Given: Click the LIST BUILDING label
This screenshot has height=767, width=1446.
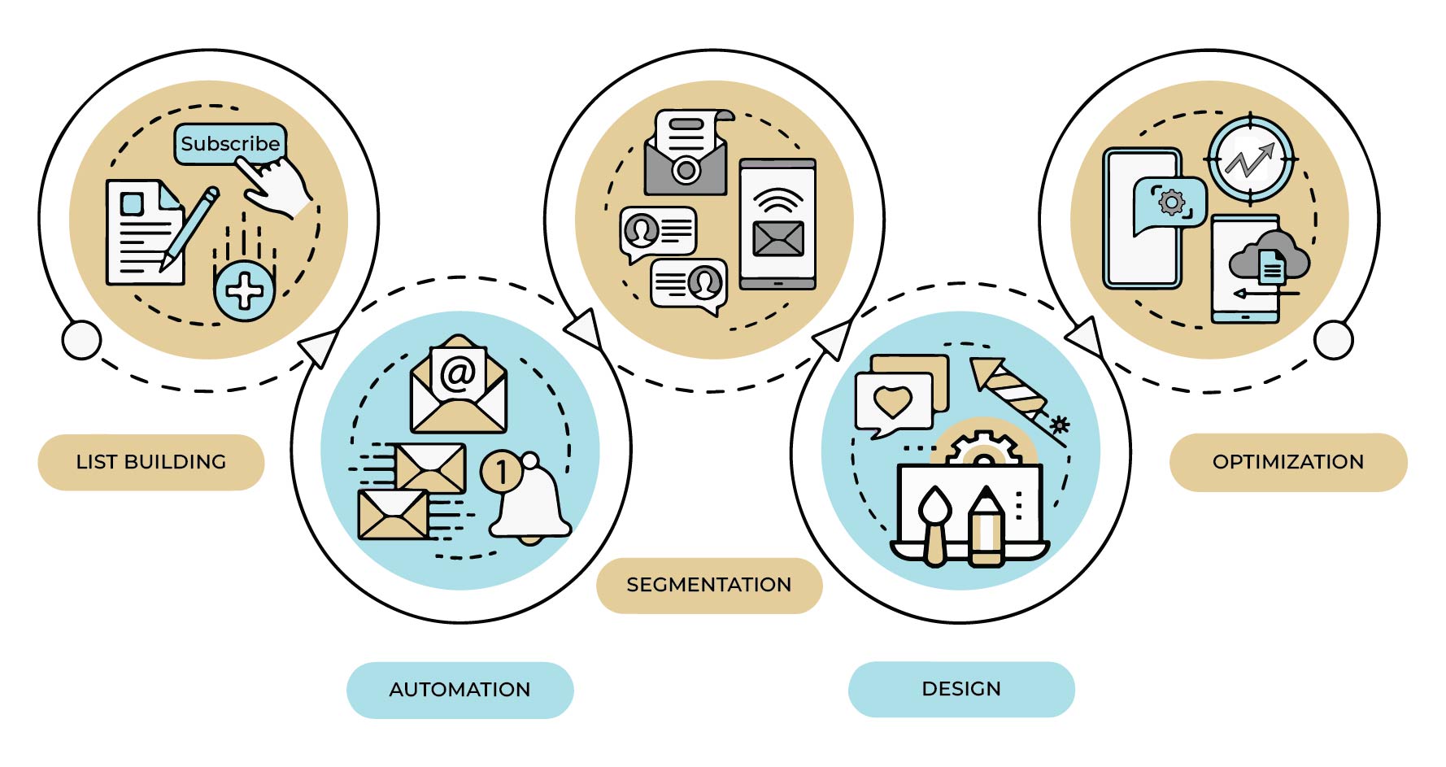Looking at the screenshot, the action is (x=151, y=462).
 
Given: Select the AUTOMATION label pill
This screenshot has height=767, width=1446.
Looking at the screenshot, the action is (x=460, y=690).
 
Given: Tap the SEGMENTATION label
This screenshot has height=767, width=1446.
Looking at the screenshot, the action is (x=709, y=585).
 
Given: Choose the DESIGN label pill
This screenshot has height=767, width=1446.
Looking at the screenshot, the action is (x=961, y=689).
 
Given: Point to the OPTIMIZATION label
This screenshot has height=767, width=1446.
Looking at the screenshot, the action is (x=1288, y=462).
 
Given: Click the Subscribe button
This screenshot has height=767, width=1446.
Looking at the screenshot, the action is (x=230, y=144).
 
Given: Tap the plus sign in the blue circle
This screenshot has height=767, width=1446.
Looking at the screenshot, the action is (x=244, y=290).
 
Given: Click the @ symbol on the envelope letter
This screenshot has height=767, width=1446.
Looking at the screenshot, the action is (x=458, y=374).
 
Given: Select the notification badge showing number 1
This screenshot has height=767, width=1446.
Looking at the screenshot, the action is (x=501, y=471).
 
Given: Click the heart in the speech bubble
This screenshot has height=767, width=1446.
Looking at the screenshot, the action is (x=892, y=402).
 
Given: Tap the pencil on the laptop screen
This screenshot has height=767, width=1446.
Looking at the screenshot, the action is (x=987, y=527).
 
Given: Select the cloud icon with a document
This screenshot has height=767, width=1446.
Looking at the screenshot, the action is (x=1269, y=255).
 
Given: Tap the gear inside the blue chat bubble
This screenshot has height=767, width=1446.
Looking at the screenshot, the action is (x=1172, y=202).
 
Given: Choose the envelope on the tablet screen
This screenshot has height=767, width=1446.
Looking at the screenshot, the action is (x=778, y=239).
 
